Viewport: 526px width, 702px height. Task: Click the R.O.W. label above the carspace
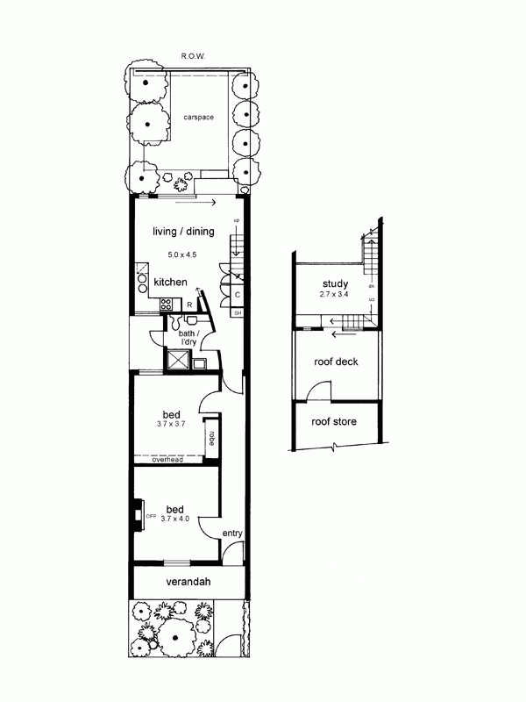coord(193,56)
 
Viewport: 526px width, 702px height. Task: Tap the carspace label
coord(199,118)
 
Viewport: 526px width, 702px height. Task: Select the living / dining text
coord(183,232)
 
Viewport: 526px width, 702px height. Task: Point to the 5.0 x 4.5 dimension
coord(182,254)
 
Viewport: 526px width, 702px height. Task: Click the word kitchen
coord(170,282)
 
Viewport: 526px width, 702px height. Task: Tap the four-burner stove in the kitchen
coord(166,304)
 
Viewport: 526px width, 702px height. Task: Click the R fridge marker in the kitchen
coord(189,304)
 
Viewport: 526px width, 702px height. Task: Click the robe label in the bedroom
coord(211,438)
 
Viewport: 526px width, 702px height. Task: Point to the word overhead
coord(167,460)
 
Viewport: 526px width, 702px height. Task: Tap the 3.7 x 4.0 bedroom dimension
coord(174,519)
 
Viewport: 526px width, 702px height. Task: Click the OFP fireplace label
coord(151,516)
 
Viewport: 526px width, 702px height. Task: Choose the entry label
coord(232,534)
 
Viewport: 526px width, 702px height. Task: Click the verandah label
coord(188,582)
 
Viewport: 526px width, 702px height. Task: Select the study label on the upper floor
coord(336,283)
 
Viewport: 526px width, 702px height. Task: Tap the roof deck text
coord(336,362)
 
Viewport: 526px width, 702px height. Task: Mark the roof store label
coord(334,422)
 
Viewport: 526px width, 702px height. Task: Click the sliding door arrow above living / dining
coord(195,203)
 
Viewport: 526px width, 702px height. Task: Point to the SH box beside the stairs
coord(238,313)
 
